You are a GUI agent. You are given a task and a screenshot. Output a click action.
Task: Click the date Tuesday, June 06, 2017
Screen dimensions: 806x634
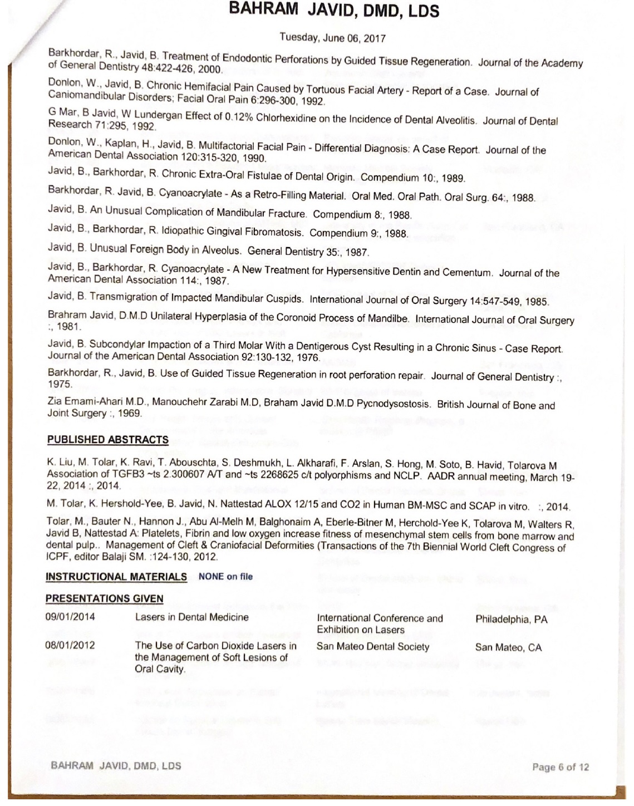(332, 38)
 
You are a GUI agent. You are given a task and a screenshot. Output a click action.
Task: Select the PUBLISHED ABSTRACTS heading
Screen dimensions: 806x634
(107, 440)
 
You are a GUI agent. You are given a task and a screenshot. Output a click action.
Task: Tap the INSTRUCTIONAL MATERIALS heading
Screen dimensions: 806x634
(116, 577)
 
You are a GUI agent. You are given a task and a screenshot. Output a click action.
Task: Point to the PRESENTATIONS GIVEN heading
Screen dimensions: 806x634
(104, 599)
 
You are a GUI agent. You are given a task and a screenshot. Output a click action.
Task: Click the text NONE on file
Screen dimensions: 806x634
(225, 577)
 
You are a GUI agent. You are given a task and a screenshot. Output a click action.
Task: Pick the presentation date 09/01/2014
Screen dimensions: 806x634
(70, 617)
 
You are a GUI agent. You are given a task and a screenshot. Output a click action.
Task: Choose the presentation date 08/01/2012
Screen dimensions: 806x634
(70, 646)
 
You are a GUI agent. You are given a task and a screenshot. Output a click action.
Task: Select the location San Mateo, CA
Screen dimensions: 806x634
(508, 647)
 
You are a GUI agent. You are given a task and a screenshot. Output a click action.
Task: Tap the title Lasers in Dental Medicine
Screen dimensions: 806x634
(191, 617)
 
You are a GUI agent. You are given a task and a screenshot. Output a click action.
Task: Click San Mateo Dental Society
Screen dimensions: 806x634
(373, 647)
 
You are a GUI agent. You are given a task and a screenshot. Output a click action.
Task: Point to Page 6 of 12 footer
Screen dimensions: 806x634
(561, 767)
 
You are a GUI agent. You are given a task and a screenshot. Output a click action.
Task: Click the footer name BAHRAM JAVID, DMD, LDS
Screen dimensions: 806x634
(116, 765)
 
